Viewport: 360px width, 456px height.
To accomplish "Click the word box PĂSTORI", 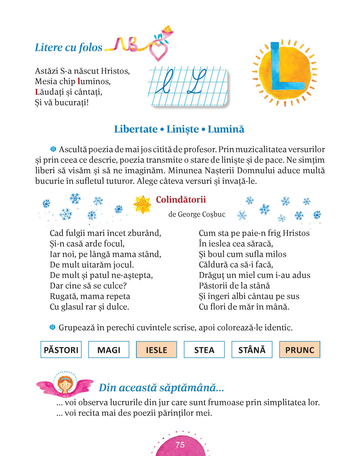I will [x=61, y=350].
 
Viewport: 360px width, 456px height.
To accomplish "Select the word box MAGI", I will [x=109, y=350].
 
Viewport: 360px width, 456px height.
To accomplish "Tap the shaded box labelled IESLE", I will [x=157, y=350].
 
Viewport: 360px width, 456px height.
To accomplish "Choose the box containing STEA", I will [x=204, y=350].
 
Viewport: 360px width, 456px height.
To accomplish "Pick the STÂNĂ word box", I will [x=252, y=350].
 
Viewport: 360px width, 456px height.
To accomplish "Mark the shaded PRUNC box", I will [x=300, y=350].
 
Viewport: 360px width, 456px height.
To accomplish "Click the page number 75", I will [x=180, y=445].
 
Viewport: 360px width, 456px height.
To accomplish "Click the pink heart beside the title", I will [x=158, y=53].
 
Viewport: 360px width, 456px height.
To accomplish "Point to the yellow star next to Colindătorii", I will [x=142, y=204].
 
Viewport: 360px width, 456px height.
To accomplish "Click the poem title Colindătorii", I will [x=181, y=200].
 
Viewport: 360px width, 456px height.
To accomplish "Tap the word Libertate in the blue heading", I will [x=136, y=129].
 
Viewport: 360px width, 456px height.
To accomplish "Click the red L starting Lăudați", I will [x=37, y=92].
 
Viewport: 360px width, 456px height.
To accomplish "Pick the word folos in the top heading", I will [x=90, y=47].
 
